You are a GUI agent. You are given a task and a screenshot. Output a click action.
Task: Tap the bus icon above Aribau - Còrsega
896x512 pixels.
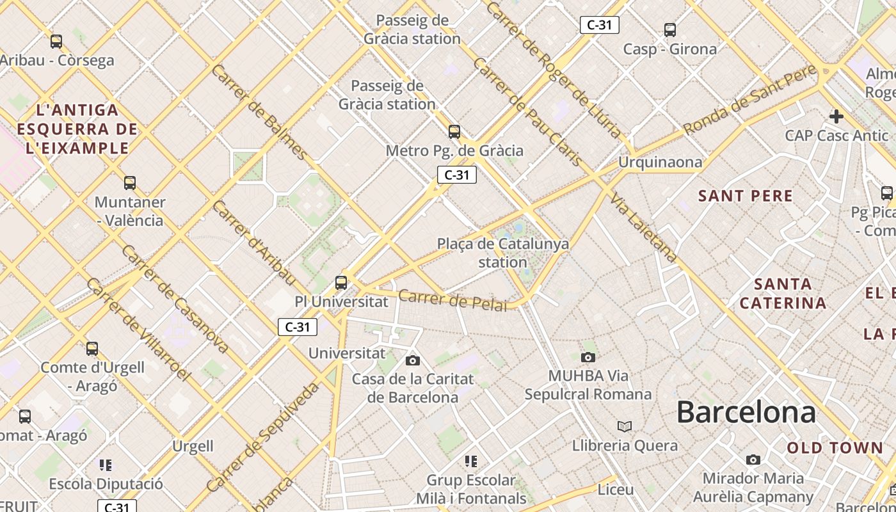[x=56, y=42]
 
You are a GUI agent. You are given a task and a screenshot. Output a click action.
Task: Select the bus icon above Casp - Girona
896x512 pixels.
[x=670, y=29]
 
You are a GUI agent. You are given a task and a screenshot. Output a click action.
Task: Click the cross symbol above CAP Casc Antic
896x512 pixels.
[x=836, y=116]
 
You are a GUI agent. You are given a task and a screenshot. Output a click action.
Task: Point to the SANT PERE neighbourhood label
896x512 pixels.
[x=746, y=196]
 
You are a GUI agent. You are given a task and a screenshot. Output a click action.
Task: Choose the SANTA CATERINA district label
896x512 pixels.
[x=783, y=293]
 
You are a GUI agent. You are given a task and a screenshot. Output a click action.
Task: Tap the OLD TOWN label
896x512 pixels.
[x=835, y=448]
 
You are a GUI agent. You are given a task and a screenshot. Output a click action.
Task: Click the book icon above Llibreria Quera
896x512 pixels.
[x=625, y=426]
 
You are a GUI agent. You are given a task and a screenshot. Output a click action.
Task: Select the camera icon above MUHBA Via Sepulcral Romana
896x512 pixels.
[x=588, y=357]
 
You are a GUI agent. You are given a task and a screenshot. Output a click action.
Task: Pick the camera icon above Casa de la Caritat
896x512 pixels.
[x=413, y=360]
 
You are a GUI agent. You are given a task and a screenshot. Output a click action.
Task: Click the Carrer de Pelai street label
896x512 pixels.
[x=452, y=300]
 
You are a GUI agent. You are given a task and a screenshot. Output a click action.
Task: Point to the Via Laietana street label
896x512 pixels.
[x=644, y=227]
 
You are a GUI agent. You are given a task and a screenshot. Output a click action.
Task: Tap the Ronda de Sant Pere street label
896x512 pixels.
[x=749, y=101]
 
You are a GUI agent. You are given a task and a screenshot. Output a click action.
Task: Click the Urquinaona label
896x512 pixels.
[x=660, y=162]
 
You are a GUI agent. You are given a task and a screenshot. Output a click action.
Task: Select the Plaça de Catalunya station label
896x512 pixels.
[x=503, y=253]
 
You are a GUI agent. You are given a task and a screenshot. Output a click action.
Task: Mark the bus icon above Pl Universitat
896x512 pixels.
[x=341, y=282]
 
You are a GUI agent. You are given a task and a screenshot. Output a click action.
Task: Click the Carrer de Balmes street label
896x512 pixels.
[x=259, y=111]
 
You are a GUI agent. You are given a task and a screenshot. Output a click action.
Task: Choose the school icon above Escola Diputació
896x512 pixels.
[x=106, y=465]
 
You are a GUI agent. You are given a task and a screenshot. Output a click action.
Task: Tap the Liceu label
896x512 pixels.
[x=615, y=490]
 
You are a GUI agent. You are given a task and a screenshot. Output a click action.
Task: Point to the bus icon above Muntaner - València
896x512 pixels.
[x=130, y=183]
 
